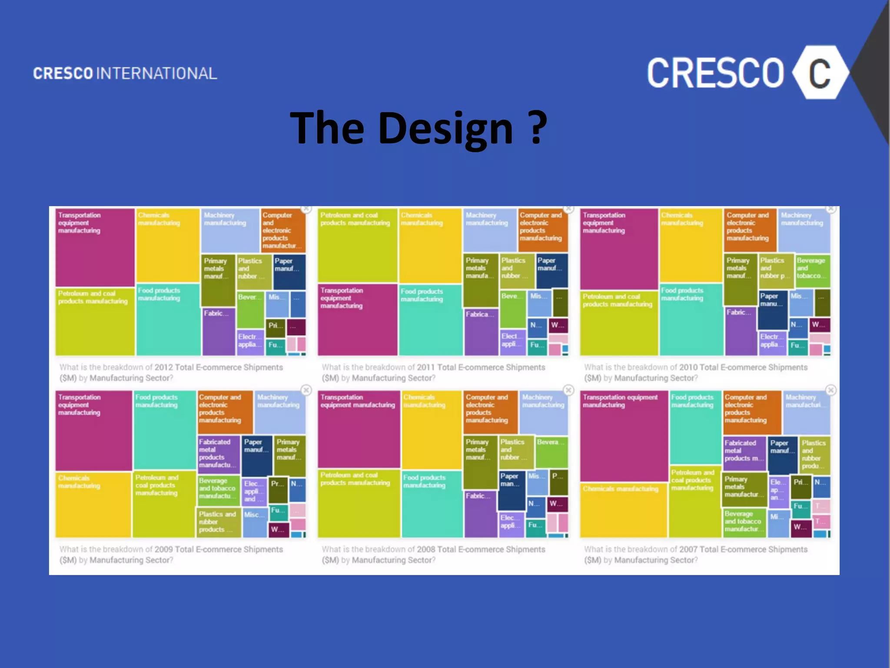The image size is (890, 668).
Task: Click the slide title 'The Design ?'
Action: [418, 128]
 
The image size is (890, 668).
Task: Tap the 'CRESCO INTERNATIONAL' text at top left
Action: [125, 73]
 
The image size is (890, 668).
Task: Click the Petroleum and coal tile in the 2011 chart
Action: [357, 246]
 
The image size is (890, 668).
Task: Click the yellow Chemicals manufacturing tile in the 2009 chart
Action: [93, 504]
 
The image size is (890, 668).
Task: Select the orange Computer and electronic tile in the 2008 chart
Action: [491, 411]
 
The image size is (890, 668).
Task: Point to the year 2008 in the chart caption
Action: [426, 550]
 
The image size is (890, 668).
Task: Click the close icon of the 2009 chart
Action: [306, 390]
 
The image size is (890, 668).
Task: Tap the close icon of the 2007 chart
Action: [831, 390]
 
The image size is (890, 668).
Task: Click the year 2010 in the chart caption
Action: [688, 367]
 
